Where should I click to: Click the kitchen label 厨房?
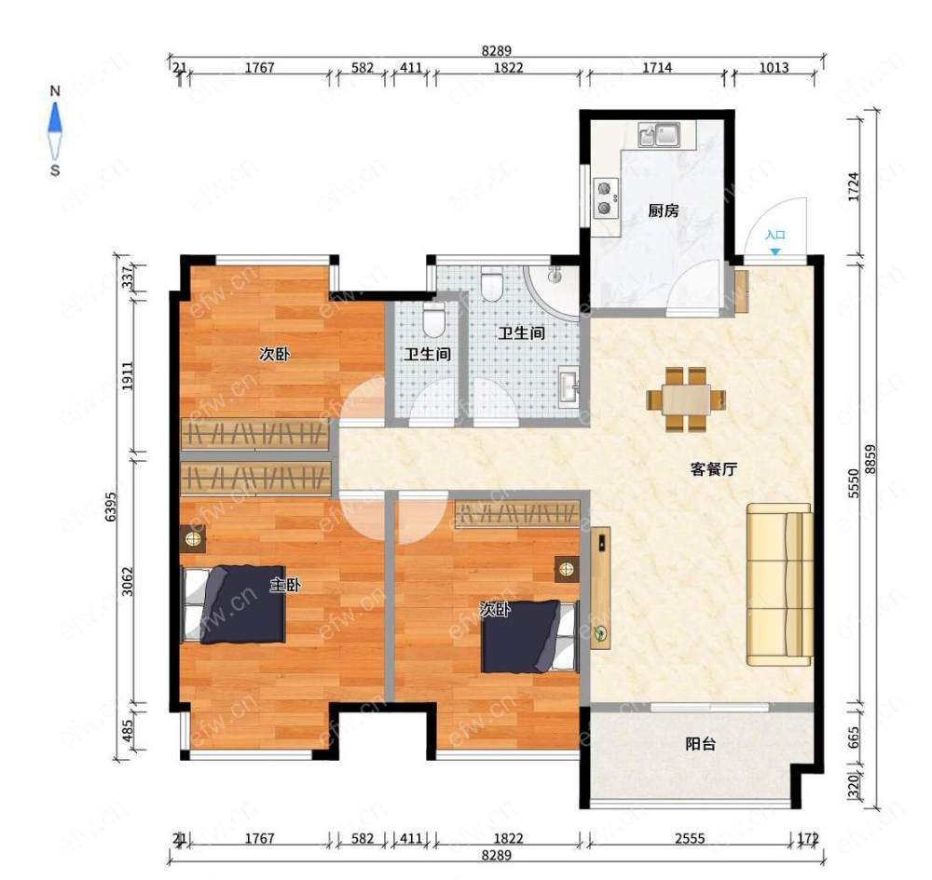pos(664,210)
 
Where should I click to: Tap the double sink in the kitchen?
pos(659,134)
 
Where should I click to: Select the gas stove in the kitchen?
pos(606,198)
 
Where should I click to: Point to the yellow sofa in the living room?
pos(780,584)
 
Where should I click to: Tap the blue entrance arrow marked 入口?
pos(775,251)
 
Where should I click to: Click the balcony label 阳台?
pos(700,744)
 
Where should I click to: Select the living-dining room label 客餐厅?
pos(714,469)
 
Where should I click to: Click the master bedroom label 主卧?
pos(284,585)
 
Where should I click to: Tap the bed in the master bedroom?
pos(233,603)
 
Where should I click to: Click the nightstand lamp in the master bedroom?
pos(193,539)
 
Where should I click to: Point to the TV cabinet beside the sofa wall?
pos(600,588)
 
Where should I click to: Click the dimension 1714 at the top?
pos(657,68)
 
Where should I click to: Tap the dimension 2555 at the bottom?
pos(690,838)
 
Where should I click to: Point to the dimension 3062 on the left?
pos(127,581)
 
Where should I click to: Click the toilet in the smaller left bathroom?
pos(433,318)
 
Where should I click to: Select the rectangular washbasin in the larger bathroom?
pos(569,386)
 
